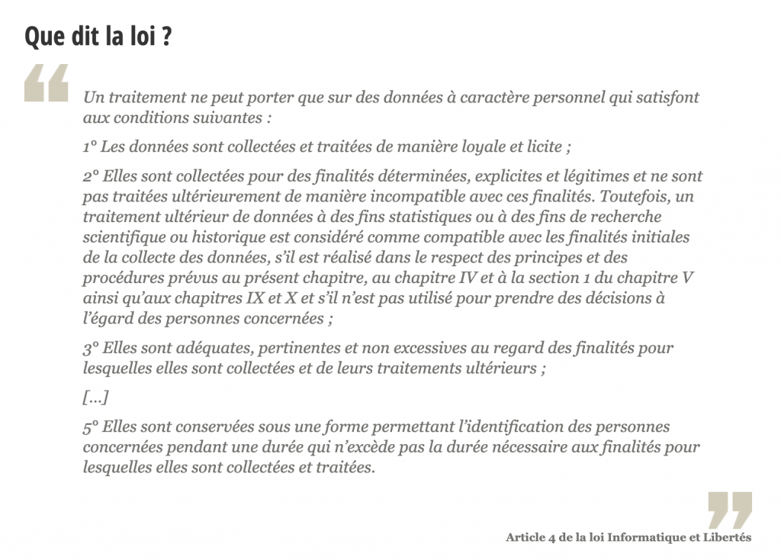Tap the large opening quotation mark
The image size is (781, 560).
pyautogui.click(x=46, y=83)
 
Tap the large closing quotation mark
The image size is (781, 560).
pyautogui.click(x=730, y=510)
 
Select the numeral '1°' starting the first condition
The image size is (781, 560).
pyautogui.click(x=90, y=146)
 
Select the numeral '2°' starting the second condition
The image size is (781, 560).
pyautogui.click(x=91, y=176)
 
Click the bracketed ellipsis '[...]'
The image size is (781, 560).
pyautogui.click(x=95, y=397)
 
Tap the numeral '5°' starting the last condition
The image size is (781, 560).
pyautogui.click(x=91, y=427)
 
